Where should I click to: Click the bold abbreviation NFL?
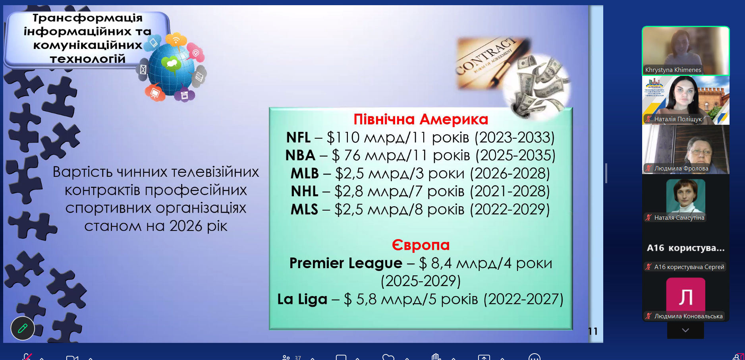298,137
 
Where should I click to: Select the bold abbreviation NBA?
300,155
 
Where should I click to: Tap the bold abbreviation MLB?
305,174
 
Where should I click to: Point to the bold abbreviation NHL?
305,192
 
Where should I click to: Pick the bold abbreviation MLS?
304,209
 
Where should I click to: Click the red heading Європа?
421,245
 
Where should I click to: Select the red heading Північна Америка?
421,119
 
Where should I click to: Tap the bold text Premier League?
346,263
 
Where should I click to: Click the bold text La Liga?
302,299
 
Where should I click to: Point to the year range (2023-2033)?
514,137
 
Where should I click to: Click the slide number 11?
593,331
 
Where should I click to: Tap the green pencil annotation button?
23,328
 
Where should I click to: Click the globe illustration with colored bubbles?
173,68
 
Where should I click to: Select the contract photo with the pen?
492,64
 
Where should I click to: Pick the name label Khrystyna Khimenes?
673,70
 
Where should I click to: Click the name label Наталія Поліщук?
678,119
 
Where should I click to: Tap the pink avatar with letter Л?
685,296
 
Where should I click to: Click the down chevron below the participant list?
685,330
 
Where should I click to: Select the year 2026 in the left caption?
186,226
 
